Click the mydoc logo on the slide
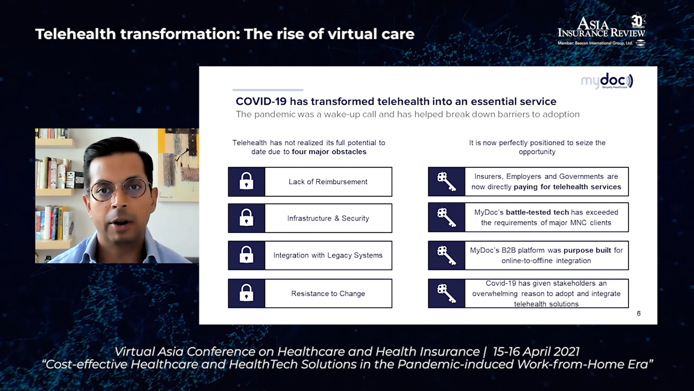click(607, 81)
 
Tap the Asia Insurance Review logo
click(602, 31)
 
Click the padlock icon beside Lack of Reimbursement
click(247, 181)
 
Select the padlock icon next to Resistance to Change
click(247, 293)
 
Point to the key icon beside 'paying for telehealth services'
click(446, 181)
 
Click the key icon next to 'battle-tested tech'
click(446, 217)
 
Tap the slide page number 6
click(639, 314)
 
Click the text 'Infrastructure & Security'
click(328, 218)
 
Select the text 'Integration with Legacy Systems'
click(328, 255)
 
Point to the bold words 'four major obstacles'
click(329, 152)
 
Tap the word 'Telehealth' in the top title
click(75, 34)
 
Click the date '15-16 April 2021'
click(536, 352)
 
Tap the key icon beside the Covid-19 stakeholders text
click(446, 293)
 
